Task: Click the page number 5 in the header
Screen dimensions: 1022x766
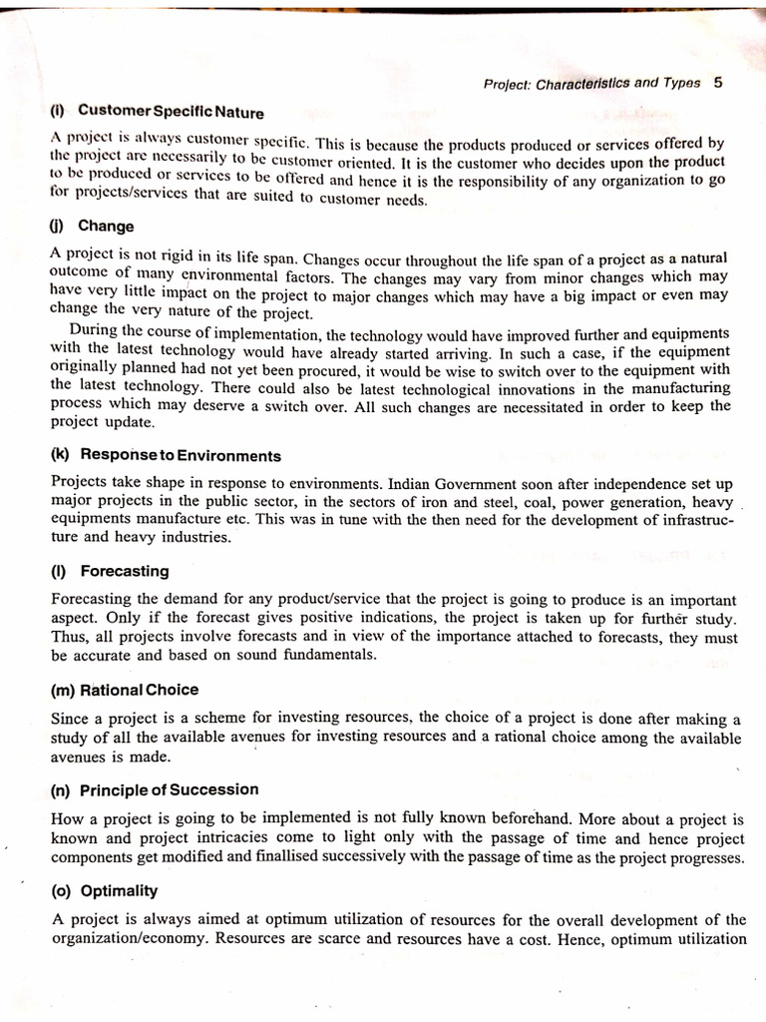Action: point(719,84)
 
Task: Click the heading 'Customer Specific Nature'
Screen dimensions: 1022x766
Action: point(171,111)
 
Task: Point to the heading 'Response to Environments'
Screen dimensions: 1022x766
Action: point(181,455)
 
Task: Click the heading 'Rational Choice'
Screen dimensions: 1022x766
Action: point(140,690)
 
